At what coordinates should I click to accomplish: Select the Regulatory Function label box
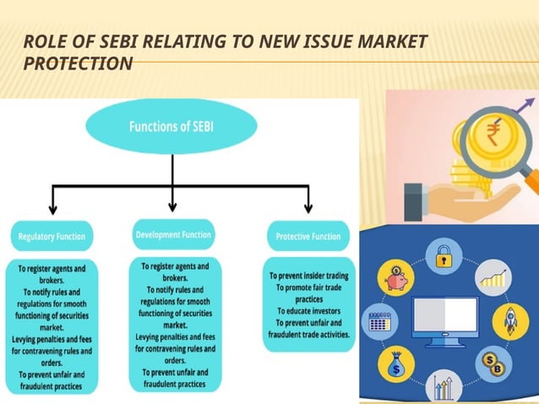52,237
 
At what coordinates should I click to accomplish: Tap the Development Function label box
173,233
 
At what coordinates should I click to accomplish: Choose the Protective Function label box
308,237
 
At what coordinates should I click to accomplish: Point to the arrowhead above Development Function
173,205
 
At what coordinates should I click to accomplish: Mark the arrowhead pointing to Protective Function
308,208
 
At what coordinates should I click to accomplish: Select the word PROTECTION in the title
78,63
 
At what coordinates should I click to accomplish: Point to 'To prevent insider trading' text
308,276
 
